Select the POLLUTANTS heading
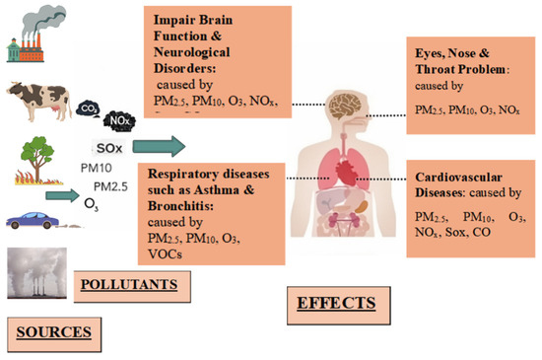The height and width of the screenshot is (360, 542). pos(128,284)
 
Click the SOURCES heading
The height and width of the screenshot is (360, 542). pos(56,331)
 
